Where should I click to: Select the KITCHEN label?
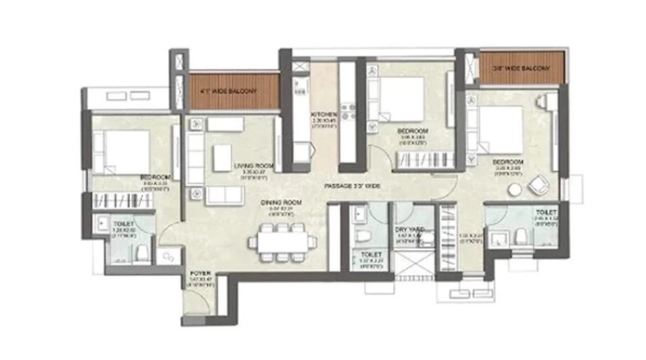pyautogui.click(x=319, y=115)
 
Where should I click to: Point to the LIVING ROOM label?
pyautogui.click(x=253, y=165)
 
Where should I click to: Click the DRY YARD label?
pyautogui.click(x=409, y=230)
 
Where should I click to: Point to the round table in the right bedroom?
pyautogui.click(x=514, y=190)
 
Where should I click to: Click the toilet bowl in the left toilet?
pyautogui.click(x=142, y=253)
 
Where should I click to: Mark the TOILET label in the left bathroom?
pyautogui.click(x=124, y=223)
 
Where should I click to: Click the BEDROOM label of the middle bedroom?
pyautogui.click(x=411, y=130)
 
